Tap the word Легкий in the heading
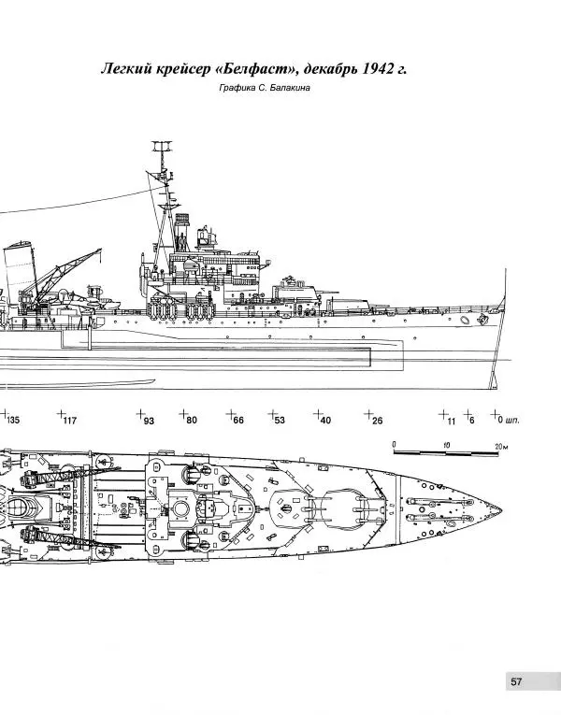click(x=127, y=71)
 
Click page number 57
click(x=516, y=682)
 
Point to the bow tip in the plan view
click(x=502, y=509)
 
